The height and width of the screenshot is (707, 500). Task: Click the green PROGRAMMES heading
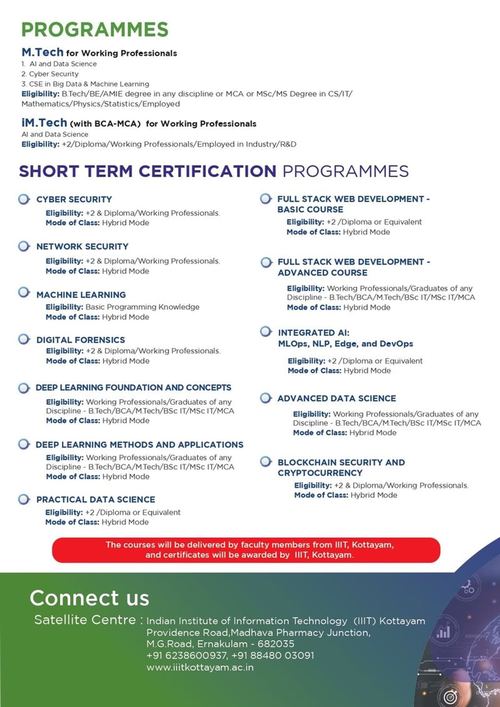pyautogui.click(x=95, y=30)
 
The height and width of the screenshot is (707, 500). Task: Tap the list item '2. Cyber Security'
pyautogui.click(x=50, y=74)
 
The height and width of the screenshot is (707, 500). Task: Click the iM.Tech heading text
pyautogui.click(x=45, y=123)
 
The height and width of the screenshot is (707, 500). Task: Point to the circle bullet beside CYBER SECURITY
pyautogui.click(x=24, y=199)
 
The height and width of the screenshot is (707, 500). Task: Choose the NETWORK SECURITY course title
pyautogui.click(x=82, y=246)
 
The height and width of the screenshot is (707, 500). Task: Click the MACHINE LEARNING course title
pyautogui.click(x=81, y=295)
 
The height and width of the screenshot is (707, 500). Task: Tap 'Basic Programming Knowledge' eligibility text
pyautogui.click(x=142, y=307)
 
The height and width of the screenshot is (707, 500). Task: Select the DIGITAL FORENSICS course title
pyautogui.click(x=80, y=340)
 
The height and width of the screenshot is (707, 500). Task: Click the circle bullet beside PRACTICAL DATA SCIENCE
pyautogui.click(x=24, y=499)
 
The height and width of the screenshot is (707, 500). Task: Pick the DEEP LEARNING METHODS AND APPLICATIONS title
pyautogui.click(x=139, y=445)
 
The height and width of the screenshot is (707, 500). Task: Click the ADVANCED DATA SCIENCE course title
pyautogui.click(x=336, y=398)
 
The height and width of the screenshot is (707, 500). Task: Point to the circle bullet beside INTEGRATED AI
pyautogui.click(x=266, y=332)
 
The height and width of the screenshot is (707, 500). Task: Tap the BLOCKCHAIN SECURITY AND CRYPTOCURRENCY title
pyautogui.click(x=341, y=467)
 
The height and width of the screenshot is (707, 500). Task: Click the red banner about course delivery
pyautogui.click(x=246, y=550)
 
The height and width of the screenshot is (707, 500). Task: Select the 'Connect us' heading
pyautogui.click(x=89, y=598)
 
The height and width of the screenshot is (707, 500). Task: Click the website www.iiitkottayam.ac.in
pyautogui.click(x=200, y=667)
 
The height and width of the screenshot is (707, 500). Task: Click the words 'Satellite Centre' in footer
pyautogui.click(x=85, y=620)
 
